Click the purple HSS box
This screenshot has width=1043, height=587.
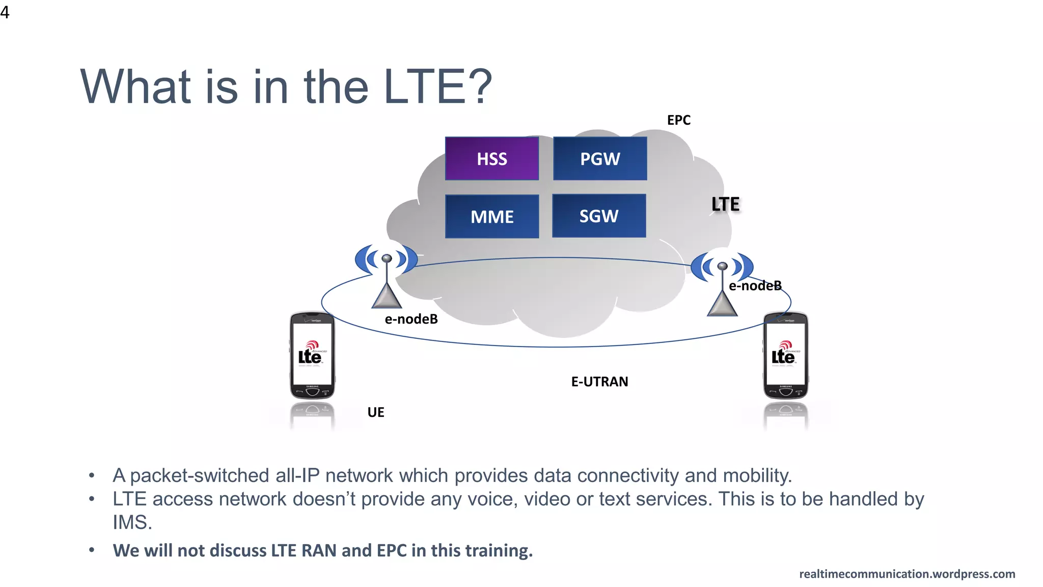[x=491, y=158]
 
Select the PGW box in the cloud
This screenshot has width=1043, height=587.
[x=600, y=158]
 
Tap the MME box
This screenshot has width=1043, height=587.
[x=491, y=217]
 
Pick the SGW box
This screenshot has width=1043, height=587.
[x=599, y=216]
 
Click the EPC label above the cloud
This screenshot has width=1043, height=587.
[x=678, y=120]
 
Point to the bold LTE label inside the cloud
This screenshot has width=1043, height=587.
[x=725, y=204]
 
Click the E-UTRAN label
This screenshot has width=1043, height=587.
[x=599, y=382]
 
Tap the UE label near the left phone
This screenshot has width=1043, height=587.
[x=376, y=412]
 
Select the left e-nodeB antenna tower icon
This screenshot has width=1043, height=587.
[x=387, y=278]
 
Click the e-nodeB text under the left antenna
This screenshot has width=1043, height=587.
[x=411, y=319]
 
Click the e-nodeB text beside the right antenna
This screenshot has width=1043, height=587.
[x=755, y=286]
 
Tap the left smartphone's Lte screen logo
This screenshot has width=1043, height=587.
[x=310, y=354]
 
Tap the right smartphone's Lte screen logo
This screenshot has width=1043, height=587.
[x=784, y=354]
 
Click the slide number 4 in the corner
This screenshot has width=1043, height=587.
[x=5, y=12]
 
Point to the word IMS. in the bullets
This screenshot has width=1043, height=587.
[x=132, y=523]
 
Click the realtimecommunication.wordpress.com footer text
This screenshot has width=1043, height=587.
[x=907, y=574]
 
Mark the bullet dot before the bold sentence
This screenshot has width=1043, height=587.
[x=92, y=550]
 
